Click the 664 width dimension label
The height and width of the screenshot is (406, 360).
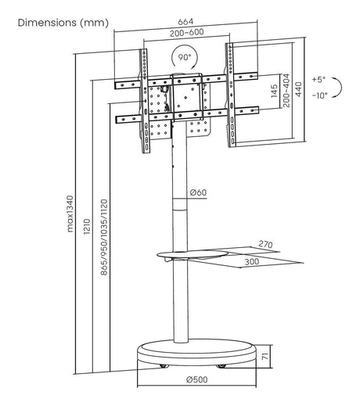coord(185,22)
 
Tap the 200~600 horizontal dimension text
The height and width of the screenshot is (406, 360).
coord(186,33)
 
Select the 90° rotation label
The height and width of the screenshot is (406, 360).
coord(185,57)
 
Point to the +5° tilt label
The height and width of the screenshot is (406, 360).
coord(319,79)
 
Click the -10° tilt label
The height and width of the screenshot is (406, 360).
coord(320,95)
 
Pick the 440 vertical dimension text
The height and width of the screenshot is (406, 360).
coord(299,89)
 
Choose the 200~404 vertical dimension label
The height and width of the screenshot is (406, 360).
coord(286,90)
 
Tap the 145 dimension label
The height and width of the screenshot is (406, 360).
coord(274,91)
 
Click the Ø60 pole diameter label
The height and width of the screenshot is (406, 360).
coord(198,192)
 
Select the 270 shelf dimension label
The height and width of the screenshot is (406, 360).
coord(265,244)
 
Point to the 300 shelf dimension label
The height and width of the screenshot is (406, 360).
coord(252,261)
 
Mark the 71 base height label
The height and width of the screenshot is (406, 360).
coord(265,356)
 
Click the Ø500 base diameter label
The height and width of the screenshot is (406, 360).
coord(197,379)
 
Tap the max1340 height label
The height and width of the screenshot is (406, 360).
coord(70,214)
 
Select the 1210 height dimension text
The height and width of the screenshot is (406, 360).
coord(87,226)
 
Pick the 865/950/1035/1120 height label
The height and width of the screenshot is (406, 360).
coord(104,237)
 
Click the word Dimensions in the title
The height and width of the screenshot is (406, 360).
coord(47,23)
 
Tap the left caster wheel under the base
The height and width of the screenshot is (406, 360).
coord(164,366)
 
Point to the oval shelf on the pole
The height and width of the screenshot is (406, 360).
coord(192,254)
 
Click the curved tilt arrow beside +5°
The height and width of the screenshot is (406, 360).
coord(338,88)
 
